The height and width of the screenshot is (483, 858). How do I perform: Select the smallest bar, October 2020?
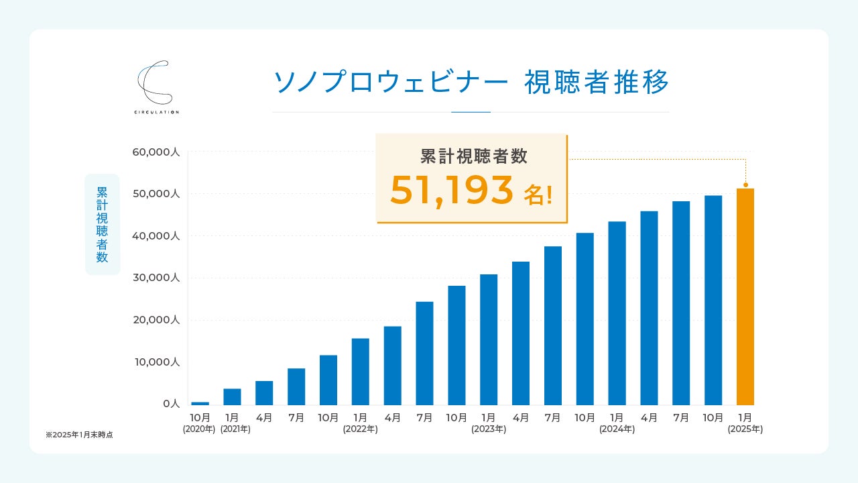[200, 403]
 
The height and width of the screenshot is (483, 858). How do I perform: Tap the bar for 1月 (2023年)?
[489, 339]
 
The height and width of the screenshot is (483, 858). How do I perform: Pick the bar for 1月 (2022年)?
[360, 372]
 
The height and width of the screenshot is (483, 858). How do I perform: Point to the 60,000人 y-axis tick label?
[156, 152]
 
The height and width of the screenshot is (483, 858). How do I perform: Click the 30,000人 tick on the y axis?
[156, 278]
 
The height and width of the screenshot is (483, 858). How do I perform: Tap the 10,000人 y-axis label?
[156, 362]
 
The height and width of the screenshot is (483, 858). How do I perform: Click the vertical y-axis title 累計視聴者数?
[102, 224]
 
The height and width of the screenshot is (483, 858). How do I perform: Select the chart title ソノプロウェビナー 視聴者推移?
[471, 83]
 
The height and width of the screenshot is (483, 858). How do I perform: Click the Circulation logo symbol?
[155, 83]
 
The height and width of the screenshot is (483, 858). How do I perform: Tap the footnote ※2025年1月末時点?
[79, 435]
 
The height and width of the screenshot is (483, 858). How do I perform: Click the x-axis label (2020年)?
[199, 429]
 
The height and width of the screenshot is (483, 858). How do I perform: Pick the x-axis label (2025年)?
[745, 429]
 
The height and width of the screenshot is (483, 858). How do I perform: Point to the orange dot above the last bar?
[745, 184]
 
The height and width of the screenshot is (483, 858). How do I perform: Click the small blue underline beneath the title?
[471, 112]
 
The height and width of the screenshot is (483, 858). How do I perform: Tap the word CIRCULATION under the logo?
[156, 112]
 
